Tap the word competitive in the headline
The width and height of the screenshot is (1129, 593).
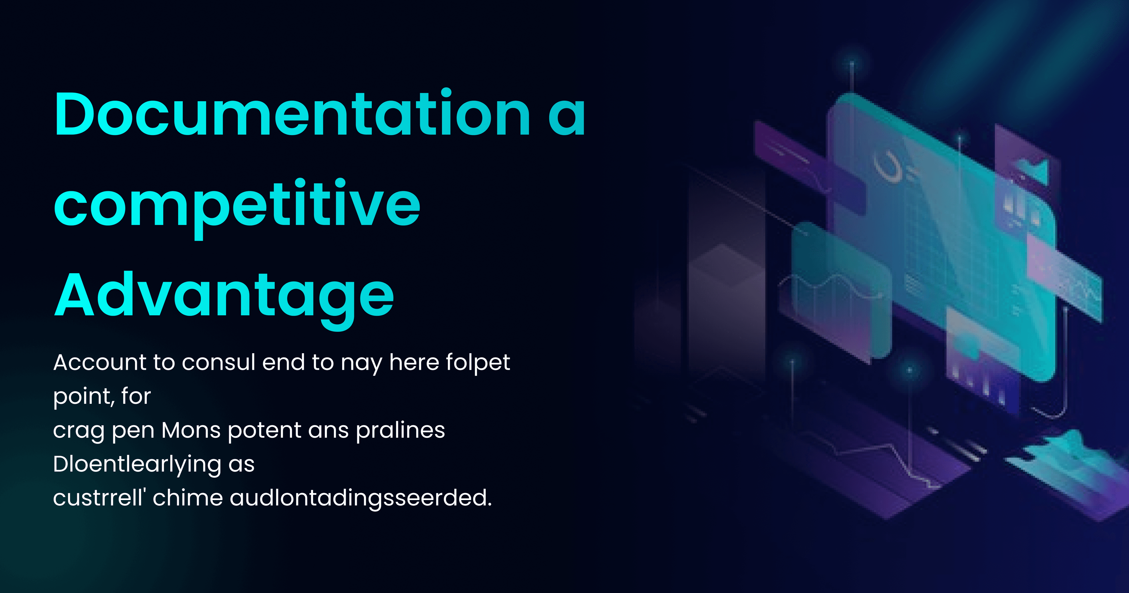click(237, 205)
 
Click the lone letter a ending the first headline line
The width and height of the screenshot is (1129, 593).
click(567, 115)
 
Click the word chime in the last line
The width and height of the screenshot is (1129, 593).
click(188, 498)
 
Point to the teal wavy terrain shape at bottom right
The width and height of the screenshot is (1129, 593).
click(1069, 461)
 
